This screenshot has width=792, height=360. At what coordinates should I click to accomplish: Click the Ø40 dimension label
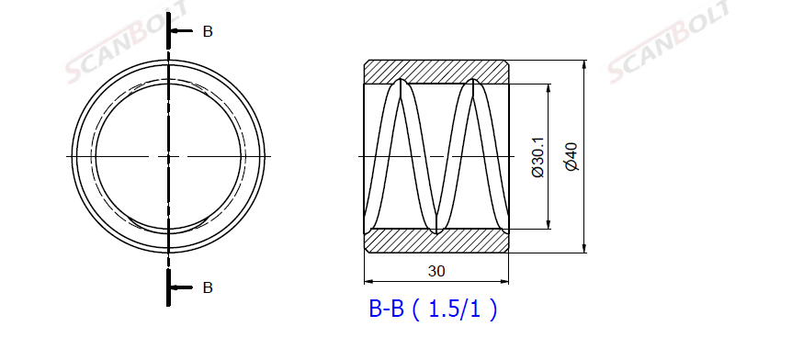point(571,156)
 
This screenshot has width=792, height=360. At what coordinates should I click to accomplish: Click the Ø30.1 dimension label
point(537,156)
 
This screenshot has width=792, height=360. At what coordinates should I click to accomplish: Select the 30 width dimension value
point(436,271)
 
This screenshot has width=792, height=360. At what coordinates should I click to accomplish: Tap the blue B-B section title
point(387,309)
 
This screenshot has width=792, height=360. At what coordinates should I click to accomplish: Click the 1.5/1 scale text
point(454,309)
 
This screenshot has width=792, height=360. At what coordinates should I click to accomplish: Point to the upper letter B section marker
point(208,31)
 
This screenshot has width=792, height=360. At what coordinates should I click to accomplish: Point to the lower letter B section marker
point(208,287)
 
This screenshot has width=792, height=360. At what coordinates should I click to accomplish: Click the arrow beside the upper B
point(181,31)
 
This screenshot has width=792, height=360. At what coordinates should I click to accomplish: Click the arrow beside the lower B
point(181,287)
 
